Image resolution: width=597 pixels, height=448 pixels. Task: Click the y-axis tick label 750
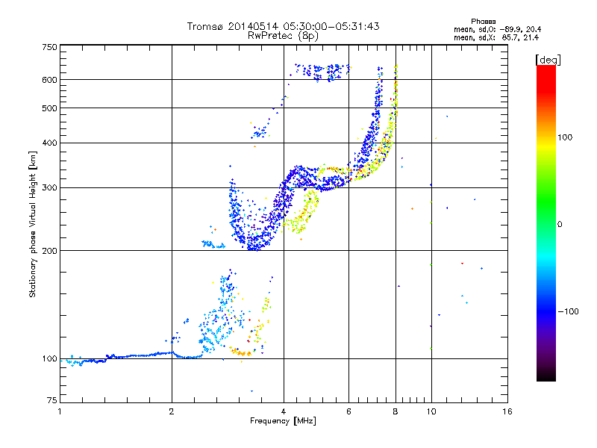(49, 47)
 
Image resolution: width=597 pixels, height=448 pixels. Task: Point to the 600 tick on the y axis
(49, 79)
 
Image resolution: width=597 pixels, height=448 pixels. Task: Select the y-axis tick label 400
(49, 143)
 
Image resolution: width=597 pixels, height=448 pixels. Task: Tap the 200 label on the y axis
(49, 250)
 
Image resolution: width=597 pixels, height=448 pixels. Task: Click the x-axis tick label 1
(60, 411)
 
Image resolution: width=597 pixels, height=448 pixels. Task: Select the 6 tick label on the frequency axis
(348, 411)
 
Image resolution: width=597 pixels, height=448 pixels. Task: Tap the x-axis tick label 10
(431, 411)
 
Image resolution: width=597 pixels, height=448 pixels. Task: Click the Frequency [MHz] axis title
(283, 421)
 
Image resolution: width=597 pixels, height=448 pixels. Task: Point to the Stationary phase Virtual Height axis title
(33, 224)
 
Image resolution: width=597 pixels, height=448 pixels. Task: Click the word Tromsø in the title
(206, 26)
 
